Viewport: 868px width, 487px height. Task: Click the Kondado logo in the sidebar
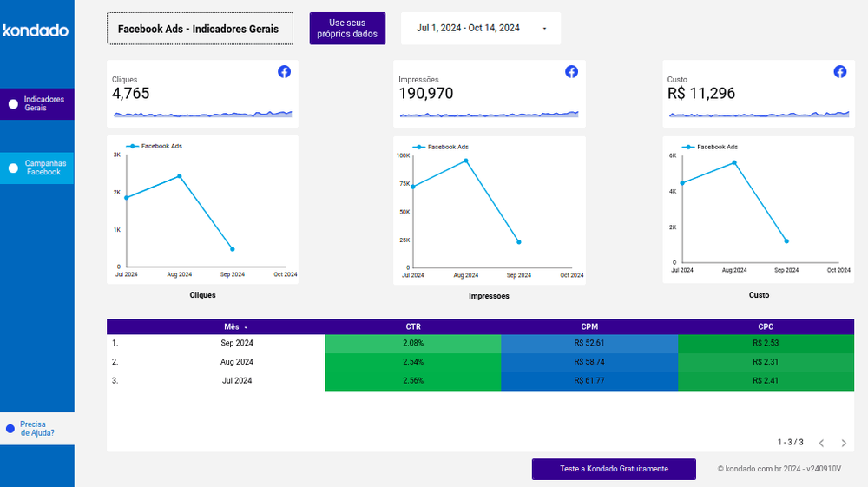click(x=36, y=30)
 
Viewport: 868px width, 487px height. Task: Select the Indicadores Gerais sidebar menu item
click(x=37, y=104)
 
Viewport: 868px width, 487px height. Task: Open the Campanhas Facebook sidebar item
click(x=37, y=168)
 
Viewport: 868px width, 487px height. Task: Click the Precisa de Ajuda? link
click(x=36, y=428)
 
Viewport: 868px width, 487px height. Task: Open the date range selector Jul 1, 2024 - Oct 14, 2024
click(x=480, y=28)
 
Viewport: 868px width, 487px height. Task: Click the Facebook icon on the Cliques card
click(x=284, y=72)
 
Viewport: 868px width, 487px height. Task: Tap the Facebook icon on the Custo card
click(x=839, y=72)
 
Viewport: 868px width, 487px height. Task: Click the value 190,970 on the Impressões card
click(x=425, y=94)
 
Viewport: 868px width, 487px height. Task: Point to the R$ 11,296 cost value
click(x=701, y=94)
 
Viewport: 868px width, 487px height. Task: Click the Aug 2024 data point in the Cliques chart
click(x=180, y=176)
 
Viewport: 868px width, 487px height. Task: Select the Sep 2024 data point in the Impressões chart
click(x=519, y=242)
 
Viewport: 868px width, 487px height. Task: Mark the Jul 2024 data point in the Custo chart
click(x=682, y=183)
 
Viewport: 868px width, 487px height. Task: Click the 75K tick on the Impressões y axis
click(x=404, y=184)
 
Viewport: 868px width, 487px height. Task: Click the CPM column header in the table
click(x=589, y=326)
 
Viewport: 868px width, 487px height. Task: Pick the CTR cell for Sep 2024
click(x=412, y=343)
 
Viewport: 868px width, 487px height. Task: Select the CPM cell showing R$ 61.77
click(x=589, y=380)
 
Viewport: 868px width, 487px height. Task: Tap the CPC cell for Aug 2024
click(x=766, y=362)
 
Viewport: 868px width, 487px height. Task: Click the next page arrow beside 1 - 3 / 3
click(x=843, y=443)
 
